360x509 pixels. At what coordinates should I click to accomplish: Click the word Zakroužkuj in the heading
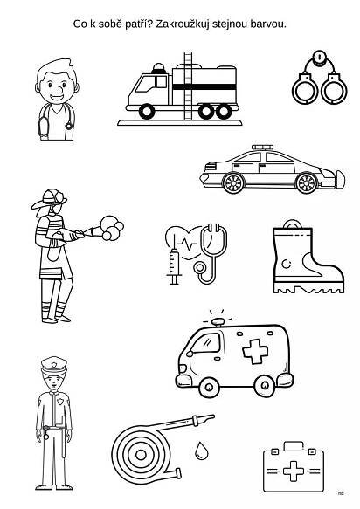point(183,24)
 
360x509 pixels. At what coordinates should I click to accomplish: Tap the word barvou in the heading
point(268,24)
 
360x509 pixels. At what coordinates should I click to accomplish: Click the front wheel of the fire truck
point(147,112)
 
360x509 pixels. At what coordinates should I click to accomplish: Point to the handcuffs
point(320,78)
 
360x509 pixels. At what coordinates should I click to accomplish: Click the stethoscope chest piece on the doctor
point(69,126)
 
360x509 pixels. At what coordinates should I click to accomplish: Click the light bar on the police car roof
point(263,148)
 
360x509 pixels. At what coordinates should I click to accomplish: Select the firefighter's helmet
point(50,198)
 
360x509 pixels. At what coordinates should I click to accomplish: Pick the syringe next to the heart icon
point(174,262)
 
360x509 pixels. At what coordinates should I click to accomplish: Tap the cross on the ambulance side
point(255,351)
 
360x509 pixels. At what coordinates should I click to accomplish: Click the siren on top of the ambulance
point(218,321)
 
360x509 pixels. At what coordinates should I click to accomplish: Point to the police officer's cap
point(54,365)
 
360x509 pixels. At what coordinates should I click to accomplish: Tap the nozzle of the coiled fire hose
point(204,419)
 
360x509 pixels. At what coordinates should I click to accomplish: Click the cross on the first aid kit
point(294,471)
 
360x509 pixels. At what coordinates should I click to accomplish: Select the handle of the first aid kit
point(294,445)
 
